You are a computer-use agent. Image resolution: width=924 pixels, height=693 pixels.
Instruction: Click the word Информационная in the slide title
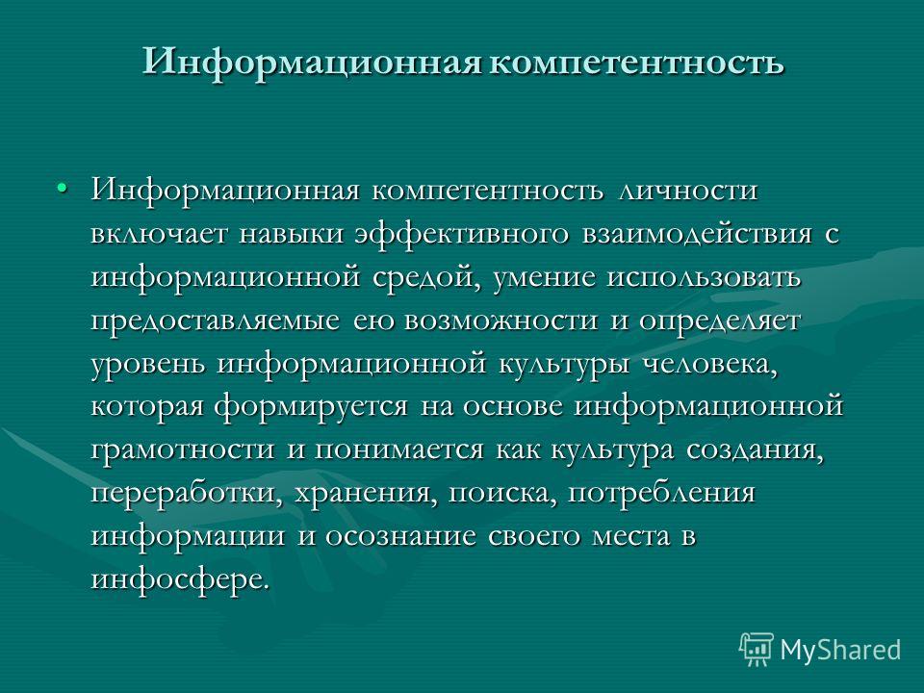tap(312, 62)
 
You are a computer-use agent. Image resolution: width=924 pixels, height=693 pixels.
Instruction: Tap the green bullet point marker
tap(62, 188)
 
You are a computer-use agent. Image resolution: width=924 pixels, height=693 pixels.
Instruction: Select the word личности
tap(687, 191)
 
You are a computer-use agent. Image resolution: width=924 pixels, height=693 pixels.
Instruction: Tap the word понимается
tap(398, 450)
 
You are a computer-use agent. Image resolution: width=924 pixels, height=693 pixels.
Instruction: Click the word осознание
tap(400, 537)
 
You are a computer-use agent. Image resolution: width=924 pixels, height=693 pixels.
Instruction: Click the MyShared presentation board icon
tap(757, 650)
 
